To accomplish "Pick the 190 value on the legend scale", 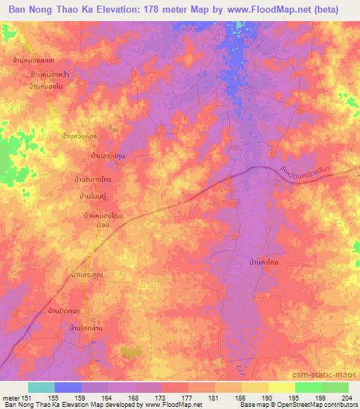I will (x=266, y=398).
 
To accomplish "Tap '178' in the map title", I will (x=162, y=11).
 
